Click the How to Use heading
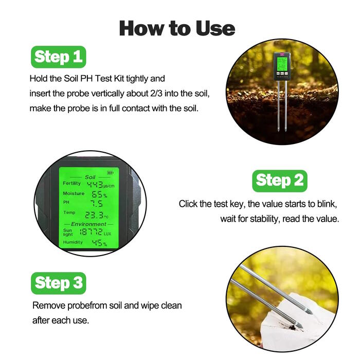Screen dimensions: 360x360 tap(177, 28)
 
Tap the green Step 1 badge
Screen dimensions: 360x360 tap(58, 57)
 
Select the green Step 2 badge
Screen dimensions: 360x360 tap(280, 181)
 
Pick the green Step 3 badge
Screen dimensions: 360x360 tap(59, 283)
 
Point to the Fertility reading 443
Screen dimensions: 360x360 tap(95, 184)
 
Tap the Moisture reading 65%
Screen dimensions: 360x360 tap(99, 194)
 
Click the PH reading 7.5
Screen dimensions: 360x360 tap(97, 204)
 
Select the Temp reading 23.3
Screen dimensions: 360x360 tap(94, 215)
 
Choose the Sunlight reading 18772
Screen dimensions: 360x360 tap(91, 232)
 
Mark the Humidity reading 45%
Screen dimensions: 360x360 tap(99, 243)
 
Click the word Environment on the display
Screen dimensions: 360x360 tap(88, 224)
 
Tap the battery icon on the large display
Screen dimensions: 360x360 tap(110, 173)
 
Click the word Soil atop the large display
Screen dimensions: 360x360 tap(90, 177)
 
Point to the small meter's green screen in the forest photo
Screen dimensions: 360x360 tap(282, 64)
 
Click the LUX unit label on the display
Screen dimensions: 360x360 tap(107, 234)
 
